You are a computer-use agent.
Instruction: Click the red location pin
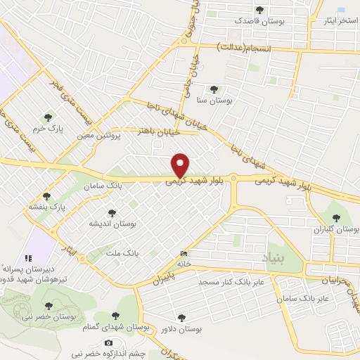coord(181,165)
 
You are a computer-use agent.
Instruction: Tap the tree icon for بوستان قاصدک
coord(261,11)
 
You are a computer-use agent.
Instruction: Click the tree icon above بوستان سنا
coord(214,89)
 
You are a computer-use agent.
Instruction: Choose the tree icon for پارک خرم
coord(48,117)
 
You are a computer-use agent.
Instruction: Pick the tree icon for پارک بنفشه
coord(47,196)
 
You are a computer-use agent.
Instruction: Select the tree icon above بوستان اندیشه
coord(110,212)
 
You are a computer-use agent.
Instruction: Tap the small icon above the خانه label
coord(184,253)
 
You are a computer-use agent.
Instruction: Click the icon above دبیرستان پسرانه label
coord(29,259)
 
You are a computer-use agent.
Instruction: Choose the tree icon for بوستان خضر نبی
coord(48,306)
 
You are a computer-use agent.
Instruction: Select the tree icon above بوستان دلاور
coord(182,318)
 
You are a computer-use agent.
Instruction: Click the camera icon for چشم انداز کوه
coord(108,342)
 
